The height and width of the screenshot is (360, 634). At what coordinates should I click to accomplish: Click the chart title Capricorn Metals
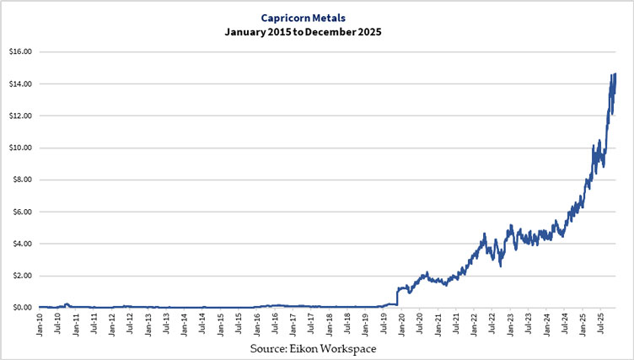tap(317, 14)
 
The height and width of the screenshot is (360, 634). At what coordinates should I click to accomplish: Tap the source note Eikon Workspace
tap(317, 347)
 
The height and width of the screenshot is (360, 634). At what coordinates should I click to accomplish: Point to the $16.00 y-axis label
tap(19, 51)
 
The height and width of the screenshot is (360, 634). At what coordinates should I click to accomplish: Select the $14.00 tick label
tap(19, 83)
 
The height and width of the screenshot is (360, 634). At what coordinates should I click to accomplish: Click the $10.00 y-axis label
tap(19, 148)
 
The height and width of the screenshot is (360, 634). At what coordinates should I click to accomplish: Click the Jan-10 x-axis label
tap(40, 324)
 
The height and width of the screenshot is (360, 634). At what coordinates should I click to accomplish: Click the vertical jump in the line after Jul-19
tap(397, 297)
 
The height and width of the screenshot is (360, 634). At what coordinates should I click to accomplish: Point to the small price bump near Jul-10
tap(67, 304)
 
